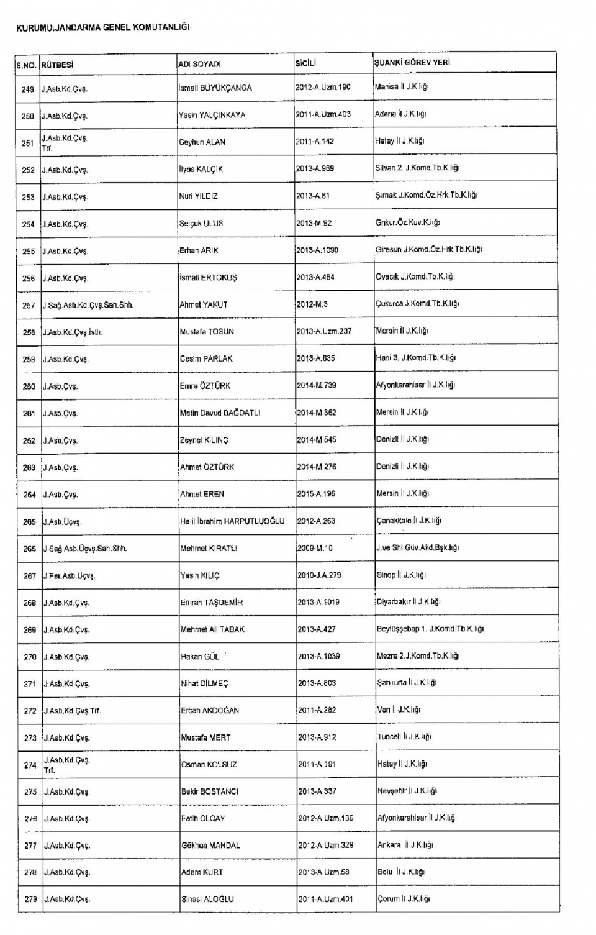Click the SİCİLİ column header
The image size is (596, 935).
[306, 63]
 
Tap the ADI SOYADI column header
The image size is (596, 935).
[199, 64]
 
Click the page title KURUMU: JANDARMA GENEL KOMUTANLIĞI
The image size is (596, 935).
[103, 27]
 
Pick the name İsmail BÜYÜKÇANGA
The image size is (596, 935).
[215, 88]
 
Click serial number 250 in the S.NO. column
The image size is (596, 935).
[28, 116]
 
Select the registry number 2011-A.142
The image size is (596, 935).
[315, 142]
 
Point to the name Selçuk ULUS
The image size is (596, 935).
[201, 224]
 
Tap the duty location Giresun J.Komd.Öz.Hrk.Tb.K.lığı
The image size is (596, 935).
[428, 249]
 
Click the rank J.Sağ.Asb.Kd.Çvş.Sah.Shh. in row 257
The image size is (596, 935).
[88, 305]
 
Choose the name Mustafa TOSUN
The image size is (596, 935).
[207, 332]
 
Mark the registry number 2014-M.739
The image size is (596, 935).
[316, 385]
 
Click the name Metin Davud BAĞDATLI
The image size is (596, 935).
[220, 413]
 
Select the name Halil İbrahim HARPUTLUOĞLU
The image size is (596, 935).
[232, 521]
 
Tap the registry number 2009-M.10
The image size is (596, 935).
[315, 548]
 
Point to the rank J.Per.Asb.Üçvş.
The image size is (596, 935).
[69, 576]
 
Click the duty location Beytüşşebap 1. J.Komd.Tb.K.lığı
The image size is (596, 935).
[430, 629]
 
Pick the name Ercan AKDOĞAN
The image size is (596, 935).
[210, 710]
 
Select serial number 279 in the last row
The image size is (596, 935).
[30, 899]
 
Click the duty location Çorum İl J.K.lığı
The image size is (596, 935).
[404, 899]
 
